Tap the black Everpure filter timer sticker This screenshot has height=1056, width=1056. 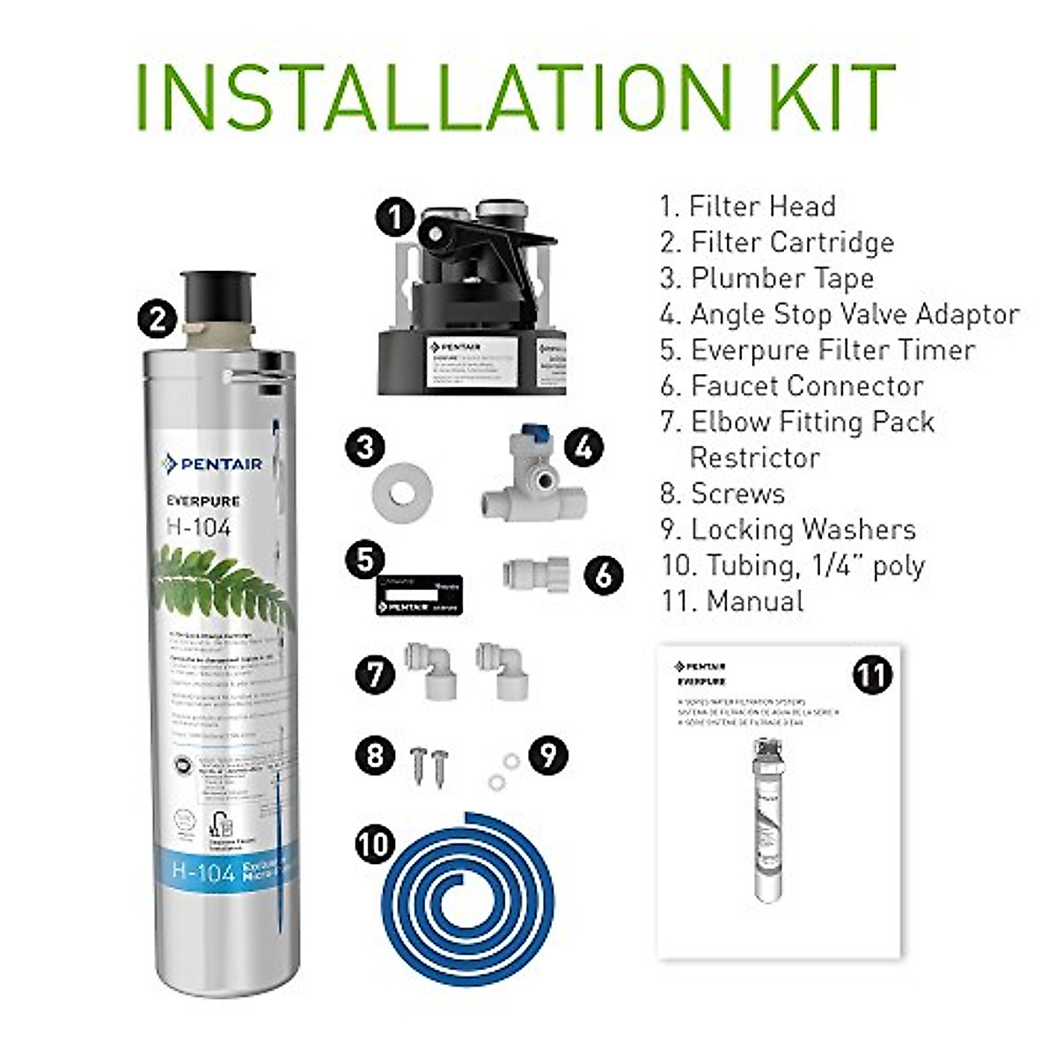click(x=419, y=595)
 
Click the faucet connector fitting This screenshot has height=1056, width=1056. click(x=535, y=574)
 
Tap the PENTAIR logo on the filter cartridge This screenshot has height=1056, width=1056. click(x=213, y=464)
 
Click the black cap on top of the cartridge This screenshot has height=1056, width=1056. click(x=217, y=296)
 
